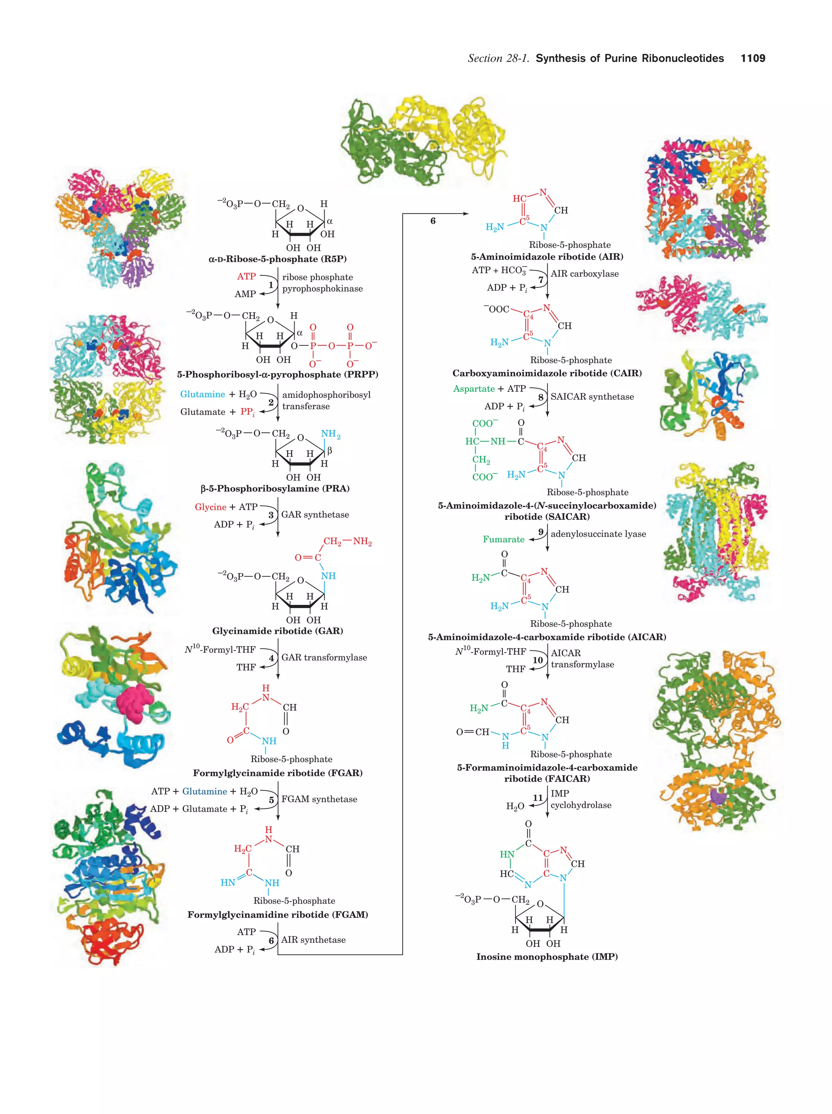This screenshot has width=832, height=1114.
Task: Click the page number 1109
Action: point(752,59)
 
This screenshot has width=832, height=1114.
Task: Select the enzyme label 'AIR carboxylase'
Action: point(584,274)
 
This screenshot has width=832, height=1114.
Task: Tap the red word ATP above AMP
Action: point(246,276)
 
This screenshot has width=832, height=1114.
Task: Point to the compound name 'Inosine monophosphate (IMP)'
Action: point(547,956)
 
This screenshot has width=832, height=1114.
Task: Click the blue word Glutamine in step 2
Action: point(202,394)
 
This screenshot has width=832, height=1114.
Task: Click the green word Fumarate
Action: point(503,539)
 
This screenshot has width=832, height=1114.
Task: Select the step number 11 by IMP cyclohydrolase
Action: point(537,798)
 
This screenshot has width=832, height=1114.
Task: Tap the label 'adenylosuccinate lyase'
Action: point(598,534)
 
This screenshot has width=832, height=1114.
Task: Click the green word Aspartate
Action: point(474,389)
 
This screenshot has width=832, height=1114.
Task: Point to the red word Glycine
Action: point(210,507)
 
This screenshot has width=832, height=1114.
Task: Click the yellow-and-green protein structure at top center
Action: point(423,141)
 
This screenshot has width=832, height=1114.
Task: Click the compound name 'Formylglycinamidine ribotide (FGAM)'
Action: point(277,914)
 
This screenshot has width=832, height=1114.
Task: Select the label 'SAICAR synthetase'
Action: point(592,396)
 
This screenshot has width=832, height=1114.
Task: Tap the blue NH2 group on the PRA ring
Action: point(331,434)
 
